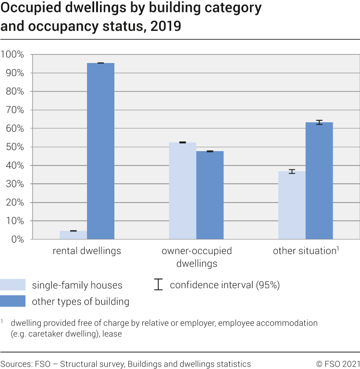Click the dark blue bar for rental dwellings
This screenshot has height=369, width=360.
click(100, 151)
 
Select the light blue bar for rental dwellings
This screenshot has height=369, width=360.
click(73, 235)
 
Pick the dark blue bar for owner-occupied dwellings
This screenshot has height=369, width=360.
click(210, 195)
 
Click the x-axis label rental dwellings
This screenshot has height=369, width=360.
click(87, 251)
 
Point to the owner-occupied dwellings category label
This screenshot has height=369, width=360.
click(197, 257)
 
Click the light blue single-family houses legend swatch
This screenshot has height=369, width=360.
click(13, 285)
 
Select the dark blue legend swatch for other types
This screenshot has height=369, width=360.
click(13, 302)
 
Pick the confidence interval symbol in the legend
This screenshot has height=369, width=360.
click(158, 284)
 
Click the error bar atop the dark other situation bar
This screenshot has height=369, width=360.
click(319, 123)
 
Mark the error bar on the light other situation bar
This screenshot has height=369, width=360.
click(292, 171)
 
